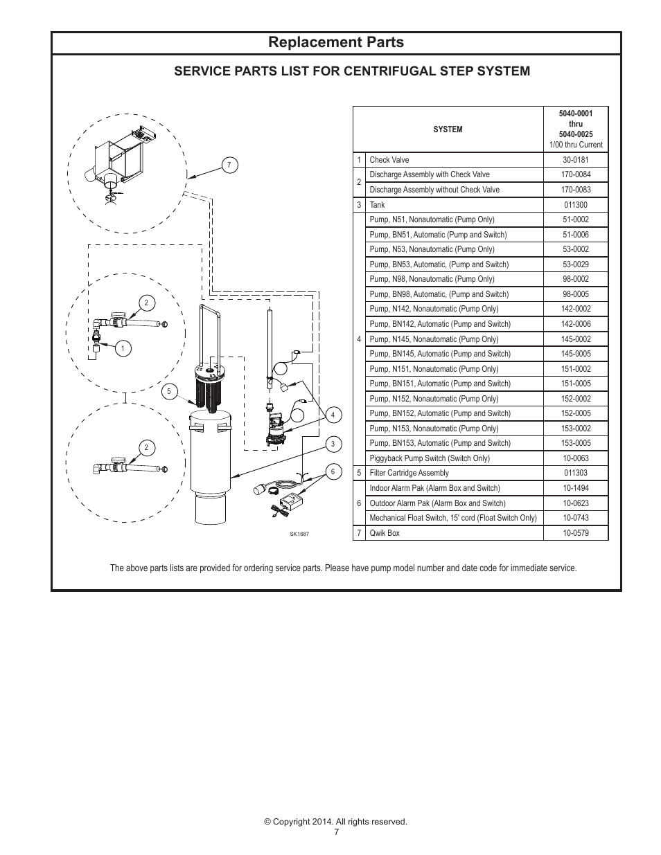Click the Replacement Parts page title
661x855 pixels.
336,42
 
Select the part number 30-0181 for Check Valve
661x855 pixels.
575,160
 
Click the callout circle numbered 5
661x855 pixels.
168,392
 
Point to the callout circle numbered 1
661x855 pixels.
123,349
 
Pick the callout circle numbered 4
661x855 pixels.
333,415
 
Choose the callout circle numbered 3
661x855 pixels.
333,444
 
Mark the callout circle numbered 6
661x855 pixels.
333,472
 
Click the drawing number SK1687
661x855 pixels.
299,534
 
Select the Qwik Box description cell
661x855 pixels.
385,533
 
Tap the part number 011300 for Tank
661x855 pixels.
575,205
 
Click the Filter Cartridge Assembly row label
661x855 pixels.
409,474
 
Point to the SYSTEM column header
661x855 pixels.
448,129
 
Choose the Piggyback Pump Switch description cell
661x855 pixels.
430,458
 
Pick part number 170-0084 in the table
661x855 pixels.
575,175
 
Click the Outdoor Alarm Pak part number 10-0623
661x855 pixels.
575,503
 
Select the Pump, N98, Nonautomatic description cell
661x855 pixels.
432,280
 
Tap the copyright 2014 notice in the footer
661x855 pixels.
335,822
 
